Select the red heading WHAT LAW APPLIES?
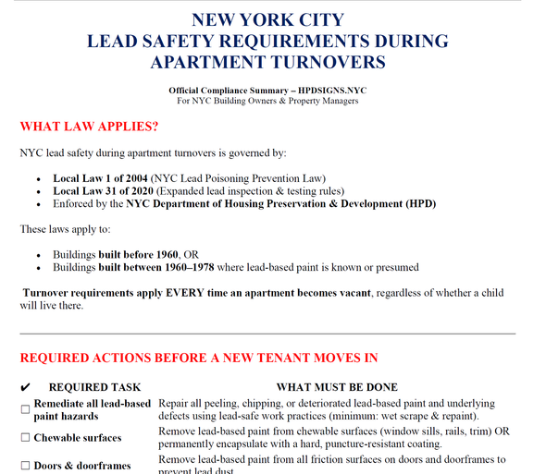coord(89,126)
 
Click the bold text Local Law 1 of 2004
coord(105,177)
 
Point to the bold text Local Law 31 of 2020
coord(108,190)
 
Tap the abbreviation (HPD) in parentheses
coord(416,203)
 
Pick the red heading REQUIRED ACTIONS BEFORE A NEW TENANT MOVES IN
coord(198,358)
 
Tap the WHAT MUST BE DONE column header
coord(337,387)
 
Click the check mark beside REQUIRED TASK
coord(25,387)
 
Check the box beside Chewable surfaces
coord(25,438)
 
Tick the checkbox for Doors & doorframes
coord(25,466)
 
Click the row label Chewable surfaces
coord(78,438)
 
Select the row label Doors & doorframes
coord(82,466)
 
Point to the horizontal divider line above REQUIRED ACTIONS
coord(267,333)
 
